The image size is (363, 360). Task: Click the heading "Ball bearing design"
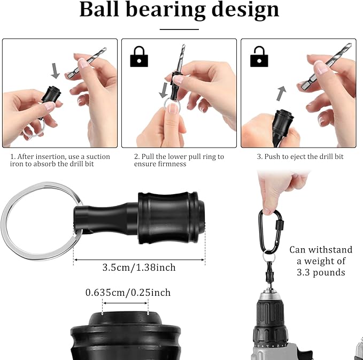[179, 10]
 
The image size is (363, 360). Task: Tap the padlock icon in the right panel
[259, 56]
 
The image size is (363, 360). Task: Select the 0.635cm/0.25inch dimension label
[128, 293]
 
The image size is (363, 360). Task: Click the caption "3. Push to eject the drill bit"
[299, 157]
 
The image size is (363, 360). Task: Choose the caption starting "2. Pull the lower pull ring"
[179, 160]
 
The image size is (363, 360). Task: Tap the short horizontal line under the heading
[179, 29]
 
